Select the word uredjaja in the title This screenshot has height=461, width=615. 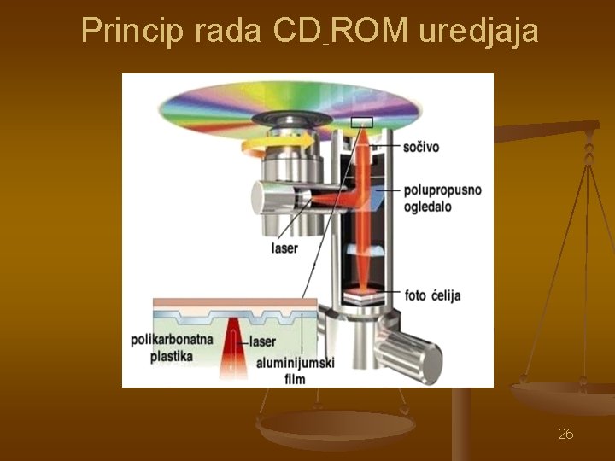(x=478, y=31)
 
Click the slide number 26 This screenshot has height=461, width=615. (x=565, y=435)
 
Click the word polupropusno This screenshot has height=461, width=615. (x=442, y=190)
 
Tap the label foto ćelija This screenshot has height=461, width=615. (x=433, y=295)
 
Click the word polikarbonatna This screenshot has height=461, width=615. (x=172, y=339)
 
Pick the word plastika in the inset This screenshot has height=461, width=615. (x=172, y=355)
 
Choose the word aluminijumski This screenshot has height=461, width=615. (x=295, y=362)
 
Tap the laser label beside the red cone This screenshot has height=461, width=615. (x=263, y=341)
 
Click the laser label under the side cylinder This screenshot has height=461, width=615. (x=284, y=248)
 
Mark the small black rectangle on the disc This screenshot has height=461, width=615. (x=361, y=122)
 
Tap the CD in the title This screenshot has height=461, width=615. (x=299, y=31)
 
